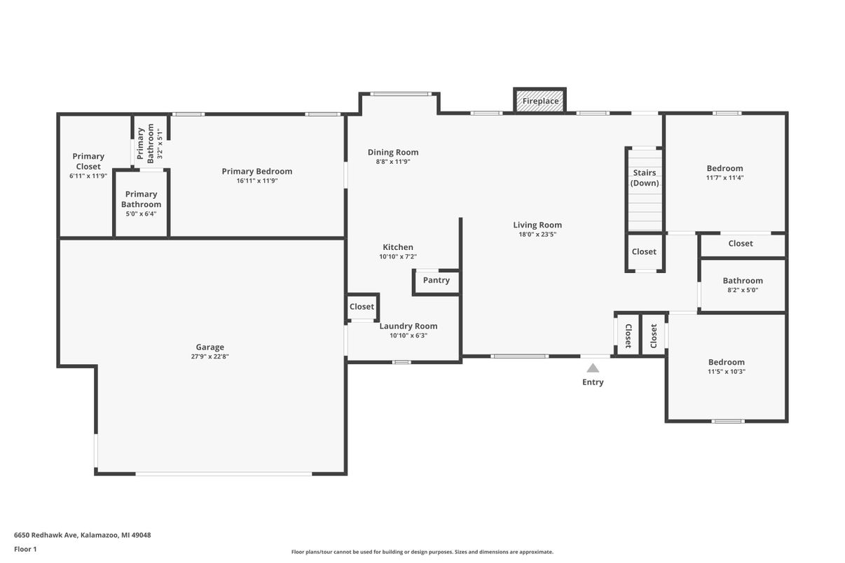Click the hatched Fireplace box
540,101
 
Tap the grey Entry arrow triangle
593,368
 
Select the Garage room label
209,347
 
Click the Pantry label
436,280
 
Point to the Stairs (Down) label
644,178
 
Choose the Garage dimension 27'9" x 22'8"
209,356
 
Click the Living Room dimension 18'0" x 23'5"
537,235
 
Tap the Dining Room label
393,152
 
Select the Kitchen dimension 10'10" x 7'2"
398,257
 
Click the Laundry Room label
408,326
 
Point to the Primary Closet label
88,161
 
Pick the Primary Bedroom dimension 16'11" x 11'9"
257,181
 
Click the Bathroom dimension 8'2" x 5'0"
743,290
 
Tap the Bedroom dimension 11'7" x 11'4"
724,178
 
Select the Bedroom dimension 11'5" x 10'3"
726,372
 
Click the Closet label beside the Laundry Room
362,307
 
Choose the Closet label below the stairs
644,251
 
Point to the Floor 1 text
25,549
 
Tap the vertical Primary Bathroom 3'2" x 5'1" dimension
160,144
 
